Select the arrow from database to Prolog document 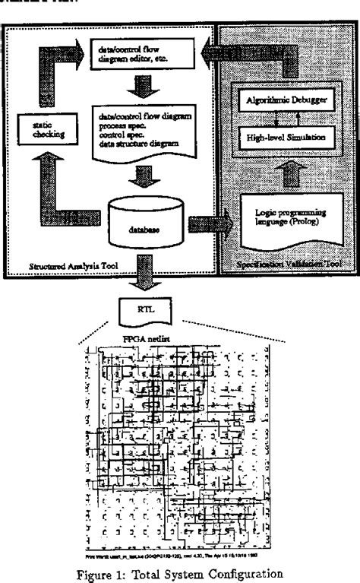click(208, 223)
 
